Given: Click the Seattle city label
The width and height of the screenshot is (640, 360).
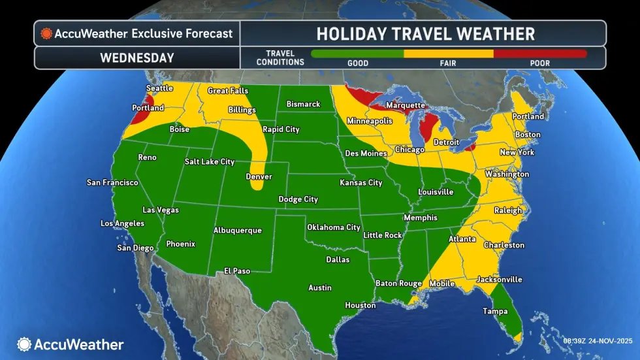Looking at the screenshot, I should click(159, 88).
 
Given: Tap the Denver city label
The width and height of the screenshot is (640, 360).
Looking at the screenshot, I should click(259, 177).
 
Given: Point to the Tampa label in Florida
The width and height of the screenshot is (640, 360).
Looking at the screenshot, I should click(495, 312).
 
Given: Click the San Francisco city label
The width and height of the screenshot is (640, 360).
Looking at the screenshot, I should click(112, 182).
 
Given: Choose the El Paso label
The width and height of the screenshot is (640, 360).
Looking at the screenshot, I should click(237, 270).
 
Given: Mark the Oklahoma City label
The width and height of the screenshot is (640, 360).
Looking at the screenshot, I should click(334, 227).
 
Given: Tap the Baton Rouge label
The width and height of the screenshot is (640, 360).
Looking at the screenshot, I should click(398, 283).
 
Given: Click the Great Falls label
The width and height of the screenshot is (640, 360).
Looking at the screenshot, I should click(227, 91).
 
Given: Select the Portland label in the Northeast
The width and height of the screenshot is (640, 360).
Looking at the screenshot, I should click(528, 116).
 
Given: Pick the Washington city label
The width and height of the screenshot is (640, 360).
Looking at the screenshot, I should click(507, 174).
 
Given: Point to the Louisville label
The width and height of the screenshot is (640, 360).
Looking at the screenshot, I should click(436, 192).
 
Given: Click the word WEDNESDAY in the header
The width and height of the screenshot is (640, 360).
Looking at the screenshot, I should click(136, 57).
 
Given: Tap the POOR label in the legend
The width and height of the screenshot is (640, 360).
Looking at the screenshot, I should click(539, 63).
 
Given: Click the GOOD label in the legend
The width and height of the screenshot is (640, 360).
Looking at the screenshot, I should click(358, 63).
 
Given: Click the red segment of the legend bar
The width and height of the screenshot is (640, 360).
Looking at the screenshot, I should click(539, 54).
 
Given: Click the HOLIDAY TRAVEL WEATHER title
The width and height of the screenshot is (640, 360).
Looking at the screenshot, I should click(425, 33).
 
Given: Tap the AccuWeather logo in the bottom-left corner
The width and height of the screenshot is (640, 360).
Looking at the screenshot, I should click(71, 344).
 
